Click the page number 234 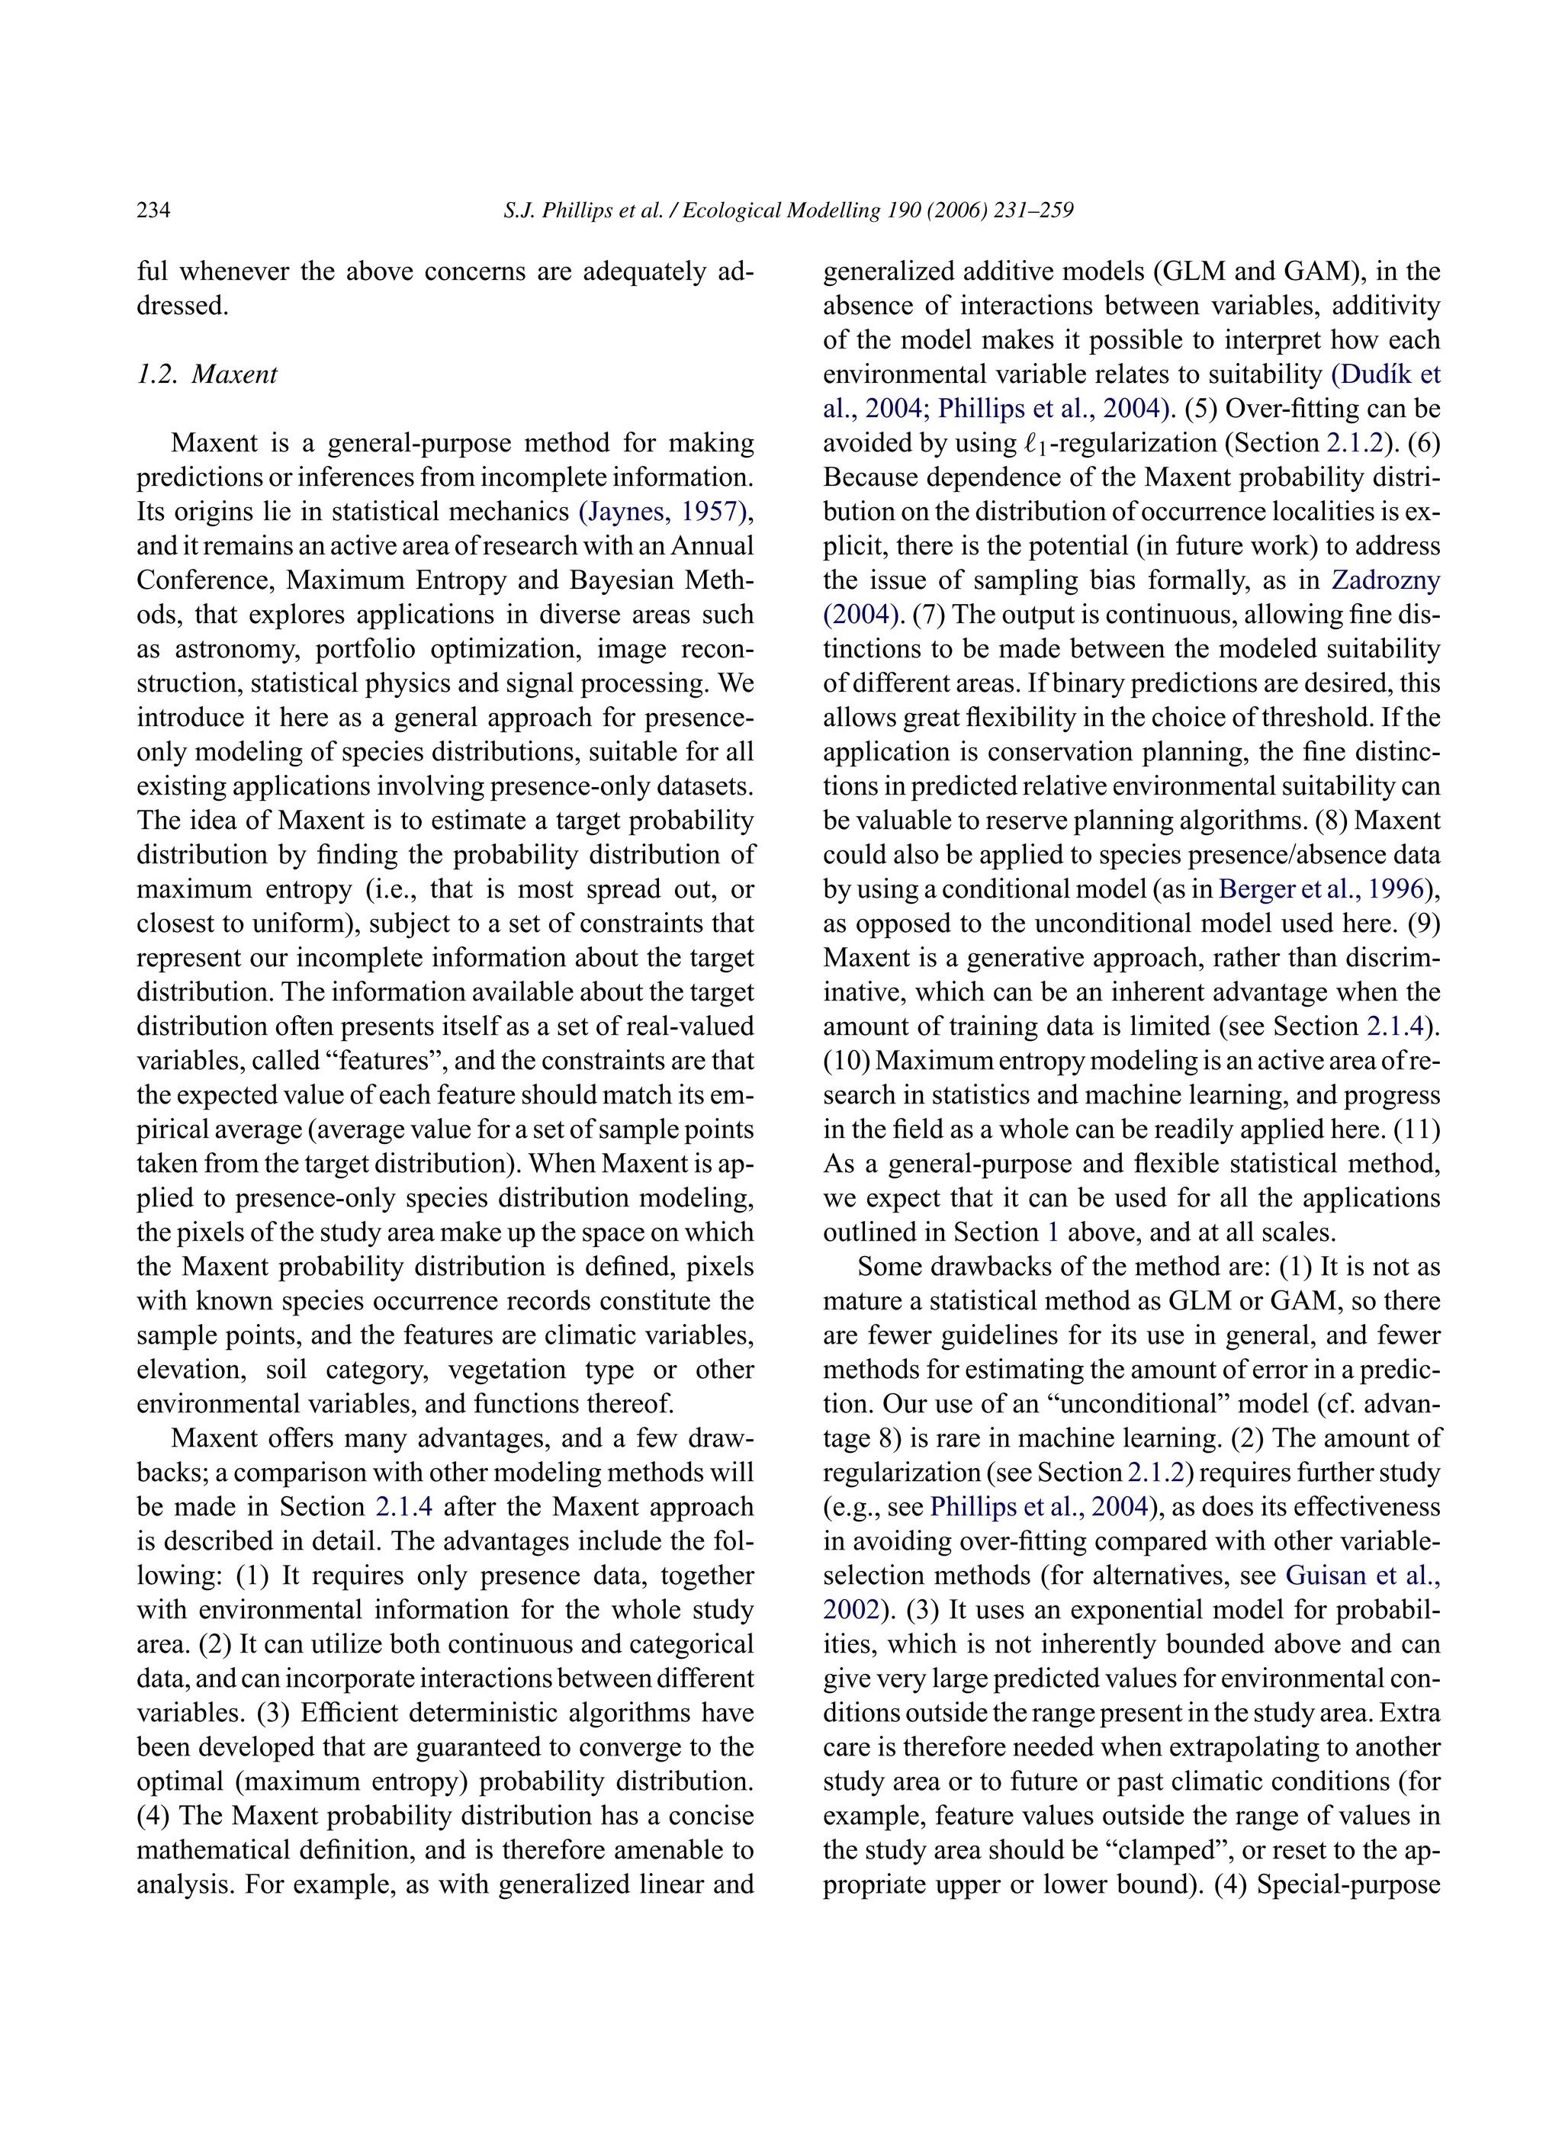pos(153,210)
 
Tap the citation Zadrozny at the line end pos(1385,580)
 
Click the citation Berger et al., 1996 pos(1320,888)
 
